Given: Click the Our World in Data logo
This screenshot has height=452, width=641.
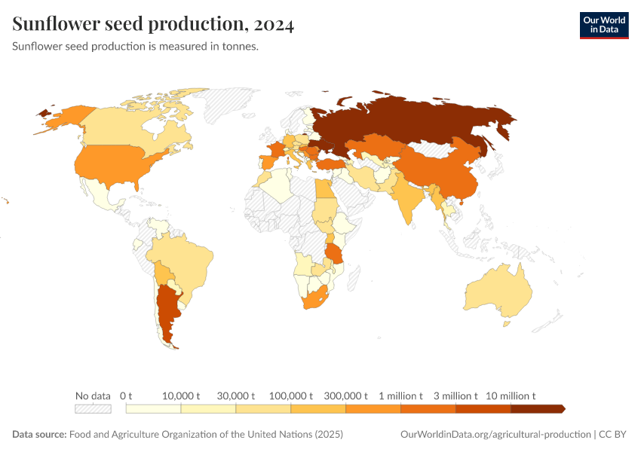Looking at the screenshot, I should coord(603,25).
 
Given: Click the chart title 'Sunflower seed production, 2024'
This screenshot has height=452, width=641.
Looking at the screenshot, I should coord(153,25).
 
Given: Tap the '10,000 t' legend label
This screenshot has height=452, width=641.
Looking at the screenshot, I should coord(181,395).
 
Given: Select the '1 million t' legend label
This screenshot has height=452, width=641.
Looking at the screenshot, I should coord(400,395).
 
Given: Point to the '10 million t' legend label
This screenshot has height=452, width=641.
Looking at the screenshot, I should coord(511,395).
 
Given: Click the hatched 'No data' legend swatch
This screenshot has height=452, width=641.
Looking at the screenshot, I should coord(93,409).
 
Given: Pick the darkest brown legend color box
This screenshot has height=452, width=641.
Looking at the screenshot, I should coord(537,409).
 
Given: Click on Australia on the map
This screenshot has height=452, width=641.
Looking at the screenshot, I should coord(498,294).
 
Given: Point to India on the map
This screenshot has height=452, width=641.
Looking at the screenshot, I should coord(406,200).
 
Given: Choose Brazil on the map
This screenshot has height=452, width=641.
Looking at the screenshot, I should coord(185,260).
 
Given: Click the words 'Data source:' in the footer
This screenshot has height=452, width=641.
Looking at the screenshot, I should coord(39,435).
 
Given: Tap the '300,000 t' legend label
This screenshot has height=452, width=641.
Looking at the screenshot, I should coord(345,395).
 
